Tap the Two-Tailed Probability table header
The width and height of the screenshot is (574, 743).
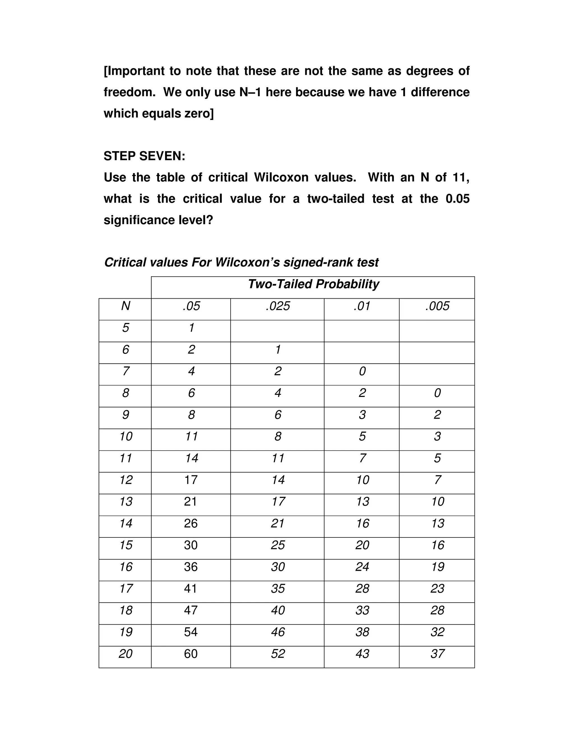tap(313, 284)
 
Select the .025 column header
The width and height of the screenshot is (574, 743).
tap(277, 306)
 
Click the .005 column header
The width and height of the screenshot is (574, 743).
tap(437, 306)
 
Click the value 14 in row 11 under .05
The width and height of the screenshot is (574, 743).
tap(191, 458)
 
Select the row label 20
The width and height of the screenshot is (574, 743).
tap(126, 654)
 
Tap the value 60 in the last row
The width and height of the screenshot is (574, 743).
tap(191, 654)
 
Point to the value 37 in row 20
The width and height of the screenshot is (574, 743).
tap(437, 654)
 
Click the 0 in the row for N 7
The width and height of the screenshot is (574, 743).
tap(362, 371)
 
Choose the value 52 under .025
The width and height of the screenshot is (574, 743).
tap(277, 654)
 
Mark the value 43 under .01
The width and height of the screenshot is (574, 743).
tap(362, 654)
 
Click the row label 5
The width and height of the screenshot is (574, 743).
tap(126, 328)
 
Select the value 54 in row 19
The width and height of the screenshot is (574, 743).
tap(191, 632)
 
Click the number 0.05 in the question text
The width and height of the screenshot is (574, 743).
tap(457, 199)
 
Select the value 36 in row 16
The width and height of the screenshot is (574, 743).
tap(191, 567)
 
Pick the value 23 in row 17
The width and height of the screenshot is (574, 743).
tap(437, 589)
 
